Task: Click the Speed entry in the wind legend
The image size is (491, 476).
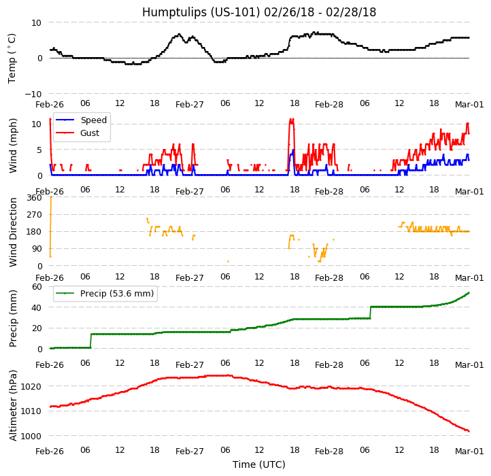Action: pyautogui.click(x=93, y=120)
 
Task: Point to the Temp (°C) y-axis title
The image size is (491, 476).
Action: pyautogui.click(x=12, y=58)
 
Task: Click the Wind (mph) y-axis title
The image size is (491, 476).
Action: pyautogui.click(x=13, y=145)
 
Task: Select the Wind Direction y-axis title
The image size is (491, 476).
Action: pyautogui.click(x=13, y=231)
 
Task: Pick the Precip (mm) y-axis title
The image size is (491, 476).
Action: pyautogui.click(x=13, y=318)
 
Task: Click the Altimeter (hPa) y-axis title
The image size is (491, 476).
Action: pyautogui.click(x=13, y=405)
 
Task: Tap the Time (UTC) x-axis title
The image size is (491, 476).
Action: pyautogui.click(x=259, y=464)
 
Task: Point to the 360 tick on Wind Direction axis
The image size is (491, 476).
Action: pyautogui.click(x=34, y=198)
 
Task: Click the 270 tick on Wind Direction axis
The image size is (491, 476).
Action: pyautogui.click(x=34, y=215)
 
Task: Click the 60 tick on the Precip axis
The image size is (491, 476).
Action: pyautogui.click(x=37, y=287)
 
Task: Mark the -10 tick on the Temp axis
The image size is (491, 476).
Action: pyautogui.click(x=34, y=94)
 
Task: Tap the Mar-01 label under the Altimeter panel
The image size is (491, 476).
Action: pyautogui.click(x=469, y=452)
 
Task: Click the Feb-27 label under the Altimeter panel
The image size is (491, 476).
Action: pyautogui.click(x=190, y=452)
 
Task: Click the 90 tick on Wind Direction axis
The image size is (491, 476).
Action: pyautogui.click(x=37, y=249)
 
